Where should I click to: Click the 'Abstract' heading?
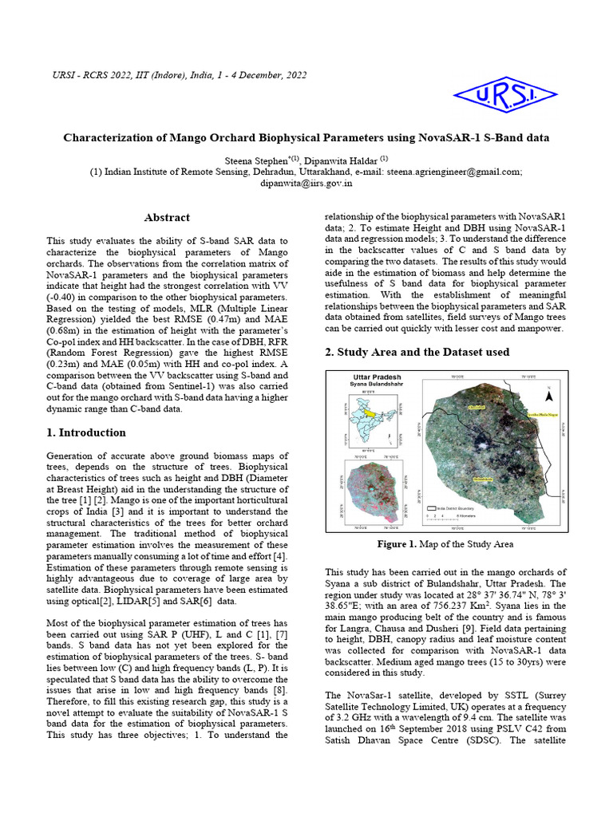coord(167,217)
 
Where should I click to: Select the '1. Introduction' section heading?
coord(86,432)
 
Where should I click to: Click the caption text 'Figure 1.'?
coord(397,544)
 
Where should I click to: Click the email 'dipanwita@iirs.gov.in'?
coord(306,183)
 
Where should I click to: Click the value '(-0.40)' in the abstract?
coord(65,298)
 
